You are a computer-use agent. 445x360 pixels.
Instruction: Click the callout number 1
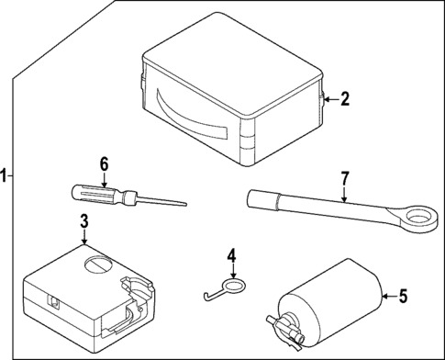(6, 174)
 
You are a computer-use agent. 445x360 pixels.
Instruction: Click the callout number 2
(345, 100)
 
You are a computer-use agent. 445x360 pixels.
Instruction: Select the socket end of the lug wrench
(257, 196)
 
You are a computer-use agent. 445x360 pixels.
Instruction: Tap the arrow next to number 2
(329, 100)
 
